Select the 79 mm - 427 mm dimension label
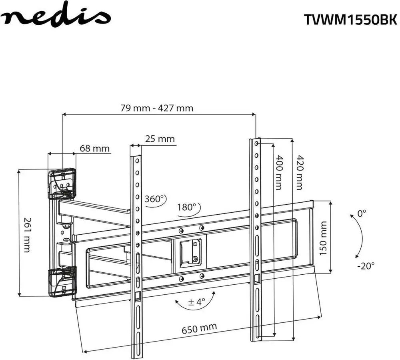point(157,108)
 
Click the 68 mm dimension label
point(94,149)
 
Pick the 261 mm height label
point(27,235)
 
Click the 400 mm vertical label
point(279,172)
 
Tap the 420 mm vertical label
point(299,172)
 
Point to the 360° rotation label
point(155,199)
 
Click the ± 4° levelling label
point(196,302)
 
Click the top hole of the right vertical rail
point(256,143)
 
